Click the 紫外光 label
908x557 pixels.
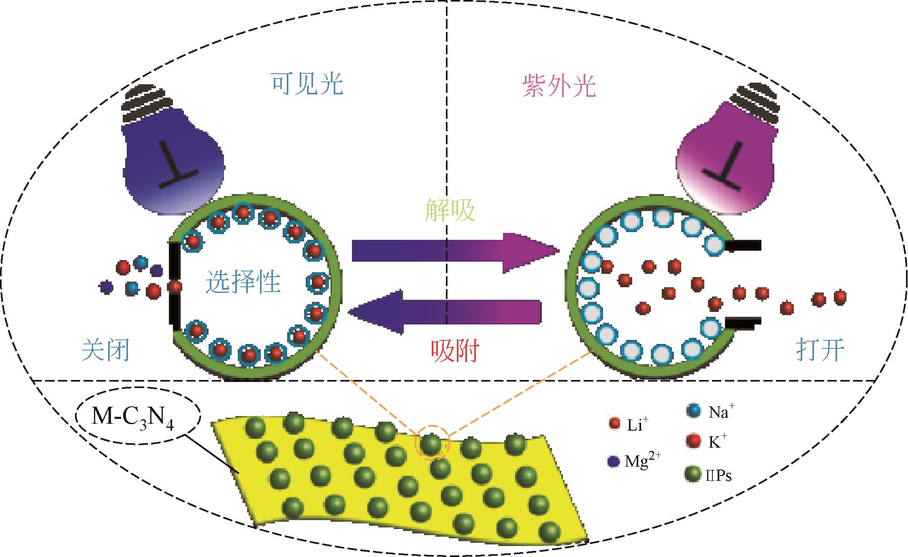[x=559, y=86]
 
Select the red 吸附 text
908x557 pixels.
[x=454, y=351]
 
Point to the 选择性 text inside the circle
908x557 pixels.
[x=243, y=282]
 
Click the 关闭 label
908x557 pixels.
[x=106, y=350]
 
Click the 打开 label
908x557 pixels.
[x=820, y=350]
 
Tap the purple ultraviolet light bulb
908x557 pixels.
[x=725, y=162]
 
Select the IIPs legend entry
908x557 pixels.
[x=709, y=476]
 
